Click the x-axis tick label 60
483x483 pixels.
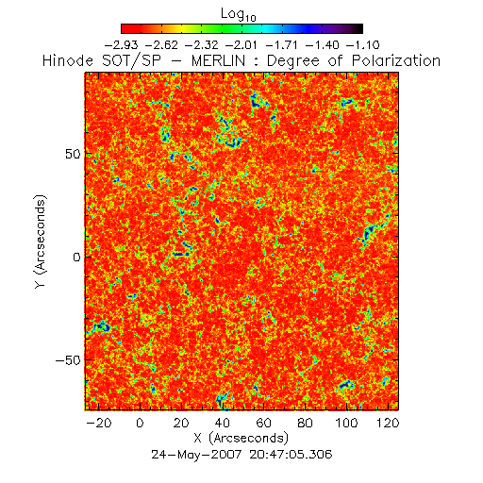pos(263,423)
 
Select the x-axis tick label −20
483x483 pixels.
pos(98,423)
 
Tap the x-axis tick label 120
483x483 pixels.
pos(388,423)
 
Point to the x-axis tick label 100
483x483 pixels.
pos(346,423)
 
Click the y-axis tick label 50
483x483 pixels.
pos(73,155)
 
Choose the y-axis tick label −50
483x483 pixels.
pos(68,360)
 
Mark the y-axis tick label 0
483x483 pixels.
pos(77,258)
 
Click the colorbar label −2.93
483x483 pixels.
pos(121,45)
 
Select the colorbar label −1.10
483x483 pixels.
pos(362,45)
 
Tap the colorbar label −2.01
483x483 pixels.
pos(241,45)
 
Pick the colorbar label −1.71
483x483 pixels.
pos(282,45)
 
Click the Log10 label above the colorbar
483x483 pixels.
pos(239,15)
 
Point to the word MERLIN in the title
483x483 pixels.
pos(218,60)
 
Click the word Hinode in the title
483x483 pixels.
pos(68,60)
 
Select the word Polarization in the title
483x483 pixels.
pos(396,60)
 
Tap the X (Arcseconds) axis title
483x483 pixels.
pos(241,438)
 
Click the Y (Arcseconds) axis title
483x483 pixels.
pos(41,241)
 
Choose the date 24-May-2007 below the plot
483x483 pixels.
pos(196,455)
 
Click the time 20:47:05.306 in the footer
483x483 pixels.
pos(291,455)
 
